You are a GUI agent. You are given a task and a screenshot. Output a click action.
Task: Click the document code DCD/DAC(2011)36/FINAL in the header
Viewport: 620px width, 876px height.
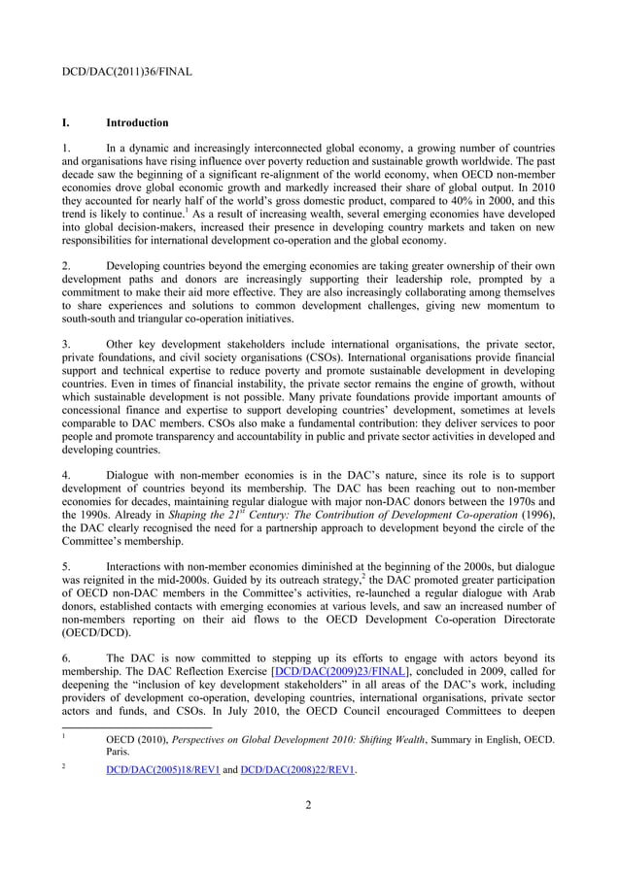pyautogui.click(x=126, y=72)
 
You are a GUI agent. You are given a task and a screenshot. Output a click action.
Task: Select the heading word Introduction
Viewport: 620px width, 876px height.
pyautogui.click(x=137, y=123)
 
